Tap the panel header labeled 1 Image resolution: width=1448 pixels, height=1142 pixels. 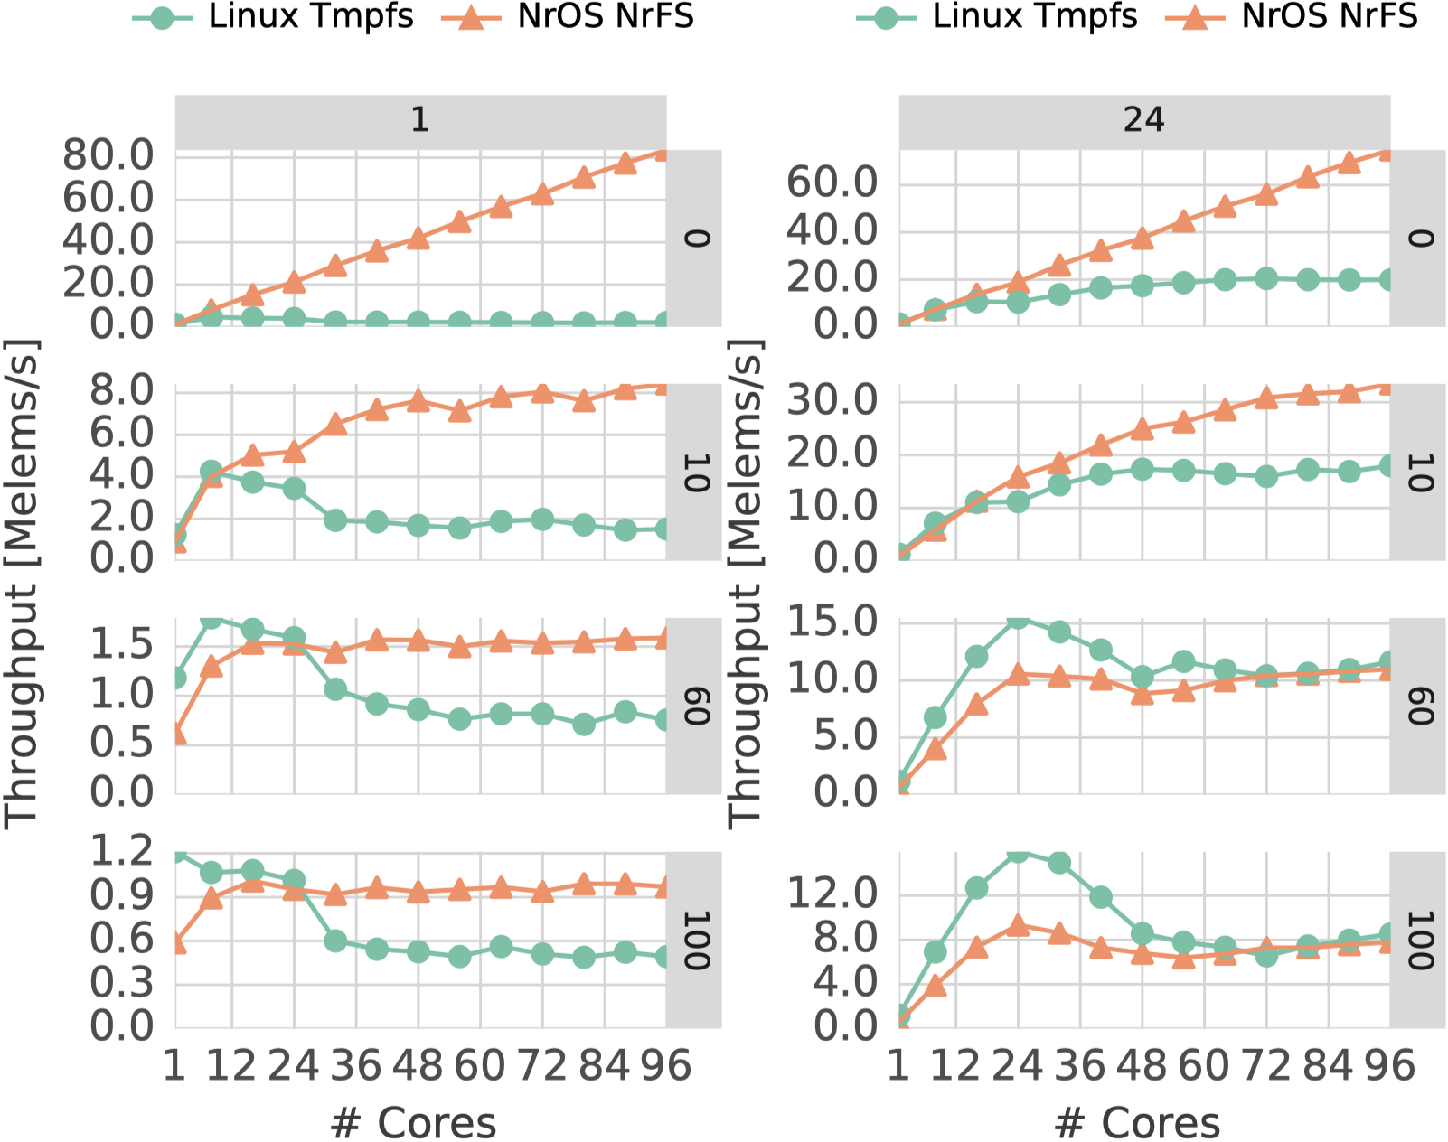pos(420,120)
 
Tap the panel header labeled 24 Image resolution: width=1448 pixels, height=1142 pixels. pos(1143,120)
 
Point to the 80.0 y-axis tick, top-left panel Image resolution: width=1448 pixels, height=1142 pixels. pos(108,156)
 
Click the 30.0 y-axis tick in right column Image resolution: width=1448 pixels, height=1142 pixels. pos(832,400)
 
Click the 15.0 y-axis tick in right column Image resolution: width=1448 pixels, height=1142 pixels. pos(832,622)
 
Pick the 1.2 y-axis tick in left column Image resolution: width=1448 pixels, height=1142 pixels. pos(121,851)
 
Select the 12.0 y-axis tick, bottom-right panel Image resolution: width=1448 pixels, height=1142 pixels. pos(832,894)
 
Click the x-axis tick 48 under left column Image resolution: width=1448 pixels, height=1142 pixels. pos(418,1066)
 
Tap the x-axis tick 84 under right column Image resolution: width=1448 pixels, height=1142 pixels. pos(1328,1066)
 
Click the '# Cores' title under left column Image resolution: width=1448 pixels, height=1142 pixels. pos(413,1123)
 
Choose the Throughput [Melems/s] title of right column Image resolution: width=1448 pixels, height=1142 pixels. pos(745,583)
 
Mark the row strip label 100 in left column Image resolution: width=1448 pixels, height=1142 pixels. pos(695,940)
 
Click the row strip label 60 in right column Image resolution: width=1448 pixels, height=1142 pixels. pos(1419,706)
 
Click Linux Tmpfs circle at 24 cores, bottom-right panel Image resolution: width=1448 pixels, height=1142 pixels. pos(1019,852)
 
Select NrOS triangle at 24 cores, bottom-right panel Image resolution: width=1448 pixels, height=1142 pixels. pos(1019,925)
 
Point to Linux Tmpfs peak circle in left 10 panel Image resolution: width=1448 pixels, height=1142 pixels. pos(211,471)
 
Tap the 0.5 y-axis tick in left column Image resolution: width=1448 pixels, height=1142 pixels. pos(121,744)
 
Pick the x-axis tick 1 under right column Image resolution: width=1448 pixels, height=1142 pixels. pos(898,1066)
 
